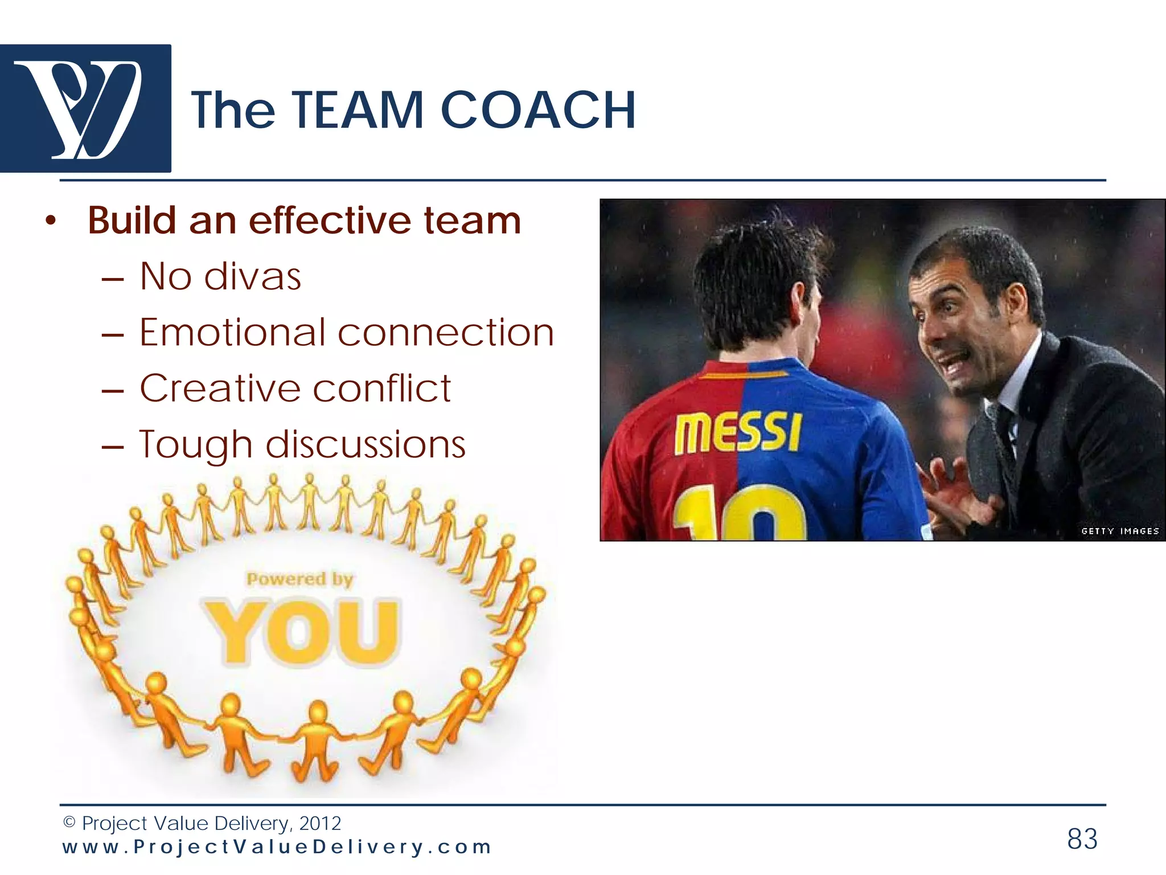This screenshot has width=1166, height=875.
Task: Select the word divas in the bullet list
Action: [252, 277]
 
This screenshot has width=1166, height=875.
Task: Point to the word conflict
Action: [381, 389]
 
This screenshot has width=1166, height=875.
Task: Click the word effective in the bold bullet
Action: [330, 220]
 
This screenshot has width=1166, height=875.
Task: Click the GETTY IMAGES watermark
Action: [1120, 531]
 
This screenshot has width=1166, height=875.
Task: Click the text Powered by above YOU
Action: [299, 579]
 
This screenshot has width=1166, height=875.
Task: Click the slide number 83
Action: [1082, 839]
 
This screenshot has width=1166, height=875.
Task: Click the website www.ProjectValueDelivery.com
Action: [277, 847]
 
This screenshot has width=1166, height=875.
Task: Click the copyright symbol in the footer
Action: [69, 823]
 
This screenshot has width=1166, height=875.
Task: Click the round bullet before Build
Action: [51, 222]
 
